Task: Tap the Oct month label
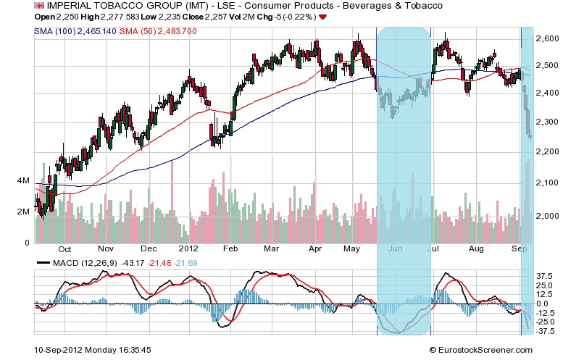(x=65, y=248)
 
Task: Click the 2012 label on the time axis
(x=189, y=248)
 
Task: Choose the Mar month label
(x=272, y=248)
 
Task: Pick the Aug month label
(x=476, y=248)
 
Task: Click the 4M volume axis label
(x=22, y=180)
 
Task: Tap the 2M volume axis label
(x=22, y=212)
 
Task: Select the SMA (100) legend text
(x=55, y=32)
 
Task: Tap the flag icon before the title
(x=38, y=6)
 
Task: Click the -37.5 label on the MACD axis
(x=546, y=331)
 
